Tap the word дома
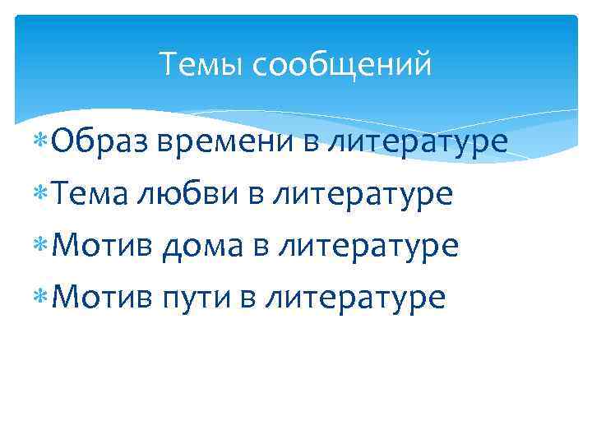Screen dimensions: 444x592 click(x=201, y=246)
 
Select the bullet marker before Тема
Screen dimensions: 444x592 click(x=42, y=195)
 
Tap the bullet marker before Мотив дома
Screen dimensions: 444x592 click(x=42, y=246)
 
